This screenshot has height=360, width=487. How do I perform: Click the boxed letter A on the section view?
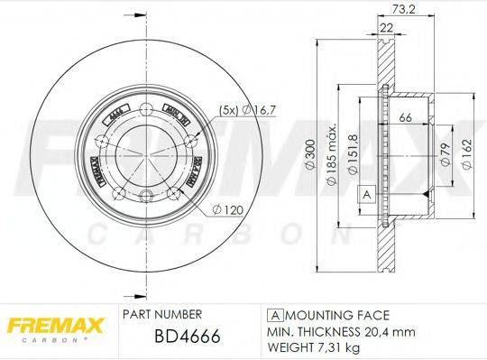(x=366, y=195)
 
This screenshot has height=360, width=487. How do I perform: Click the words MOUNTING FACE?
(x=336, y=316)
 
